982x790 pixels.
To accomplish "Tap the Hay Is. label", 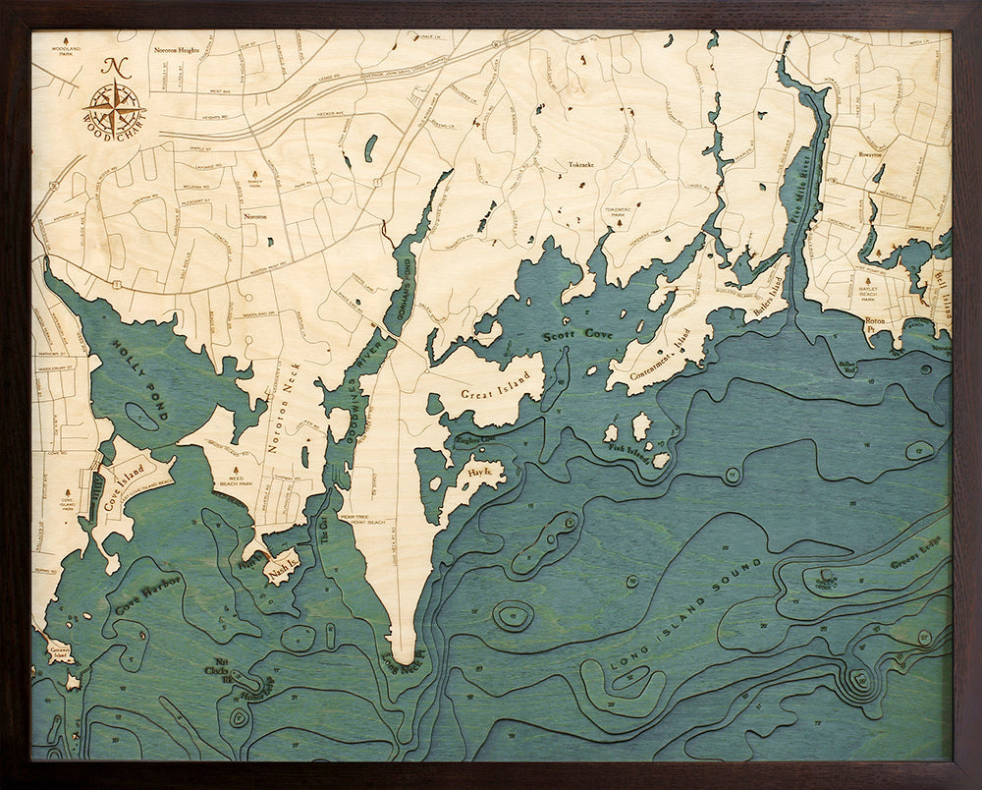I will [x=481, y=474].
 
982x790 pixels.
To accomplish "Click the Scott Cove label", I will [x=579, y=336].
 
